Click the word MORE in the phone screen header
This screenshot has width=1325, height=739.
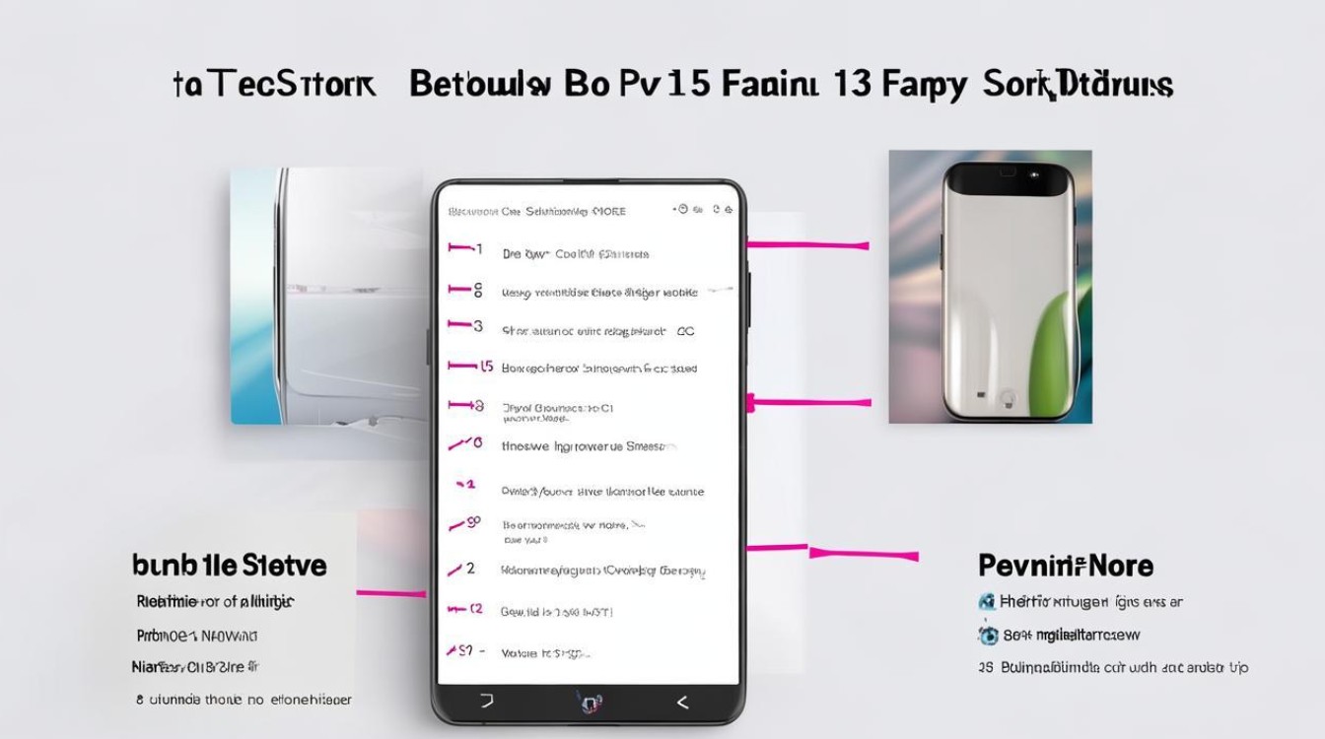click(607, 211)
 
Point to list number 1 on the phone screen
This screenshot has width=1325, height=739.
click(479, 250)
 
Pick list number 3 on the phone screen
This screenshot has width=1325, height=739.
click(479, 326)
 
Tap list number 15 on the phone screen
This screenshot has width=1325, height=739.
click(486, 367)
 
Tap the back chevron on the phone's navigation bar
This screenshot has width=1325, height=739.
click(681, 703)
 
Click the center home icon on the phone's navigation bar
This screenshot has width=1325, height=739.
click(589, 703)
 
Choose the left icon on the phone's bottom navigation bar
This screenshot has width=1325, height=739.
click(486, 703)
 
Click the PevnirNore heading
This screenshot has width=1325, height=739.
click(1065, 566)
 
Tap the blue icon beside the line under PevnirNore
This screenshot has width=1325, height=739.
click(986, 601)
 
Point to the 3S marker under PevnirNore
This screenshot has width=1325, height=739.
click(985, 668)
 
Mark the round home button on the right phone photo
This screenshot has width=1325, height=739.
click(1008, 398)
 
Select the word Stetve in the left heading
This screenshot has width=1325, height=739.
click(283, 566)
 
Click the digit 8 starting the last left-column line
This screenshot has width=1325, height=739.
click(140, 700)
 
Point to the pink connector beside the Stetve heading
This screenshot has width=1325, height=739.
click(390, 593)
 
